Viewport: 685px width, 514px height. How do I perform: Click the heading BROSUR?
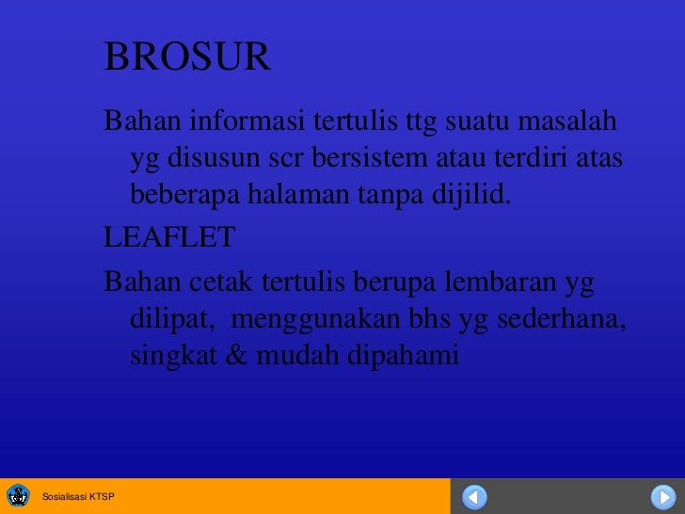[187, 58]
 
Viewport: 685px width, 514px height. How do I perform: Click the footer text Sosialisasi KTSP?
[79, 497]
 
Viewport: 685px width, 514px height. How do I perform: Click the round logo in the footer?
[18, 496]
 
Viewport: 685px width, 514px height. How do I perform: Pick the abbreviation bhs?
[430, 320]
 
